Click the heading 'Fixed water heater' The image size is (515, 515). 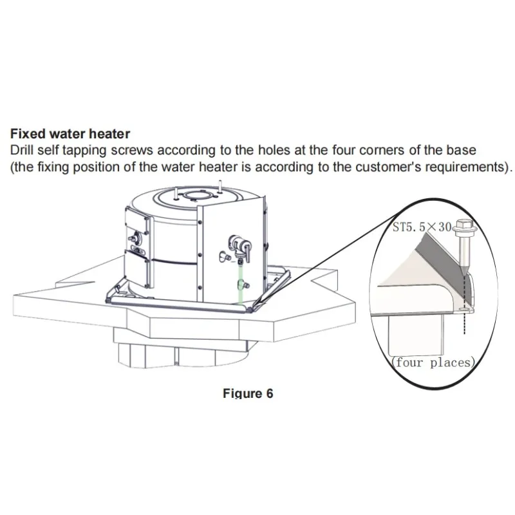pyautogui.click(x=70, y=134)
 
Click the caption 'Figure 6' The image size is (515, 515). pyautogui.click(x=248, y=393)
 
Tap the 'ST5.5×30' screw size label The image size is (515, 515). pyautogui.click(x=422, y=227)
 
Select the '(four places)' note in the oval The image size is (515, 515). pyautogui.click(x=433, y=362)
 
